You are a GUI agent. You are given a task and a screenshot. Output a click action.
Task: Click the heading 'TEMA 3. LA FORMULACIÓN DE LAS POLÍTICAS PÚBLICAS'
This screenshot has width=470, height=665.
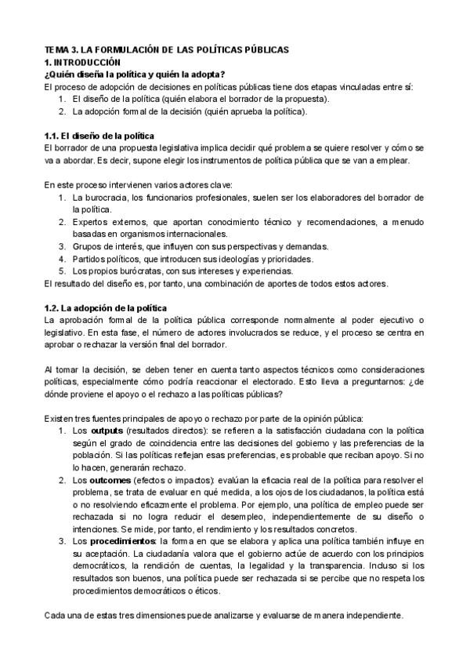[166, 49]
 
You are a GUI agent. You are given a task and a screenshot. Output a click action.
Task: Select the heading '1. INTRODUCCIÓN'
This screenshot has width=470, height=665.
[82, 61]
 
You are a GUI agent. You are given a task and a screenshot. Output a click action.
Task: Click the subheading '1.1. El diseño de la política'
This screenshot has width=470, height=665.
[99, 136]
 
